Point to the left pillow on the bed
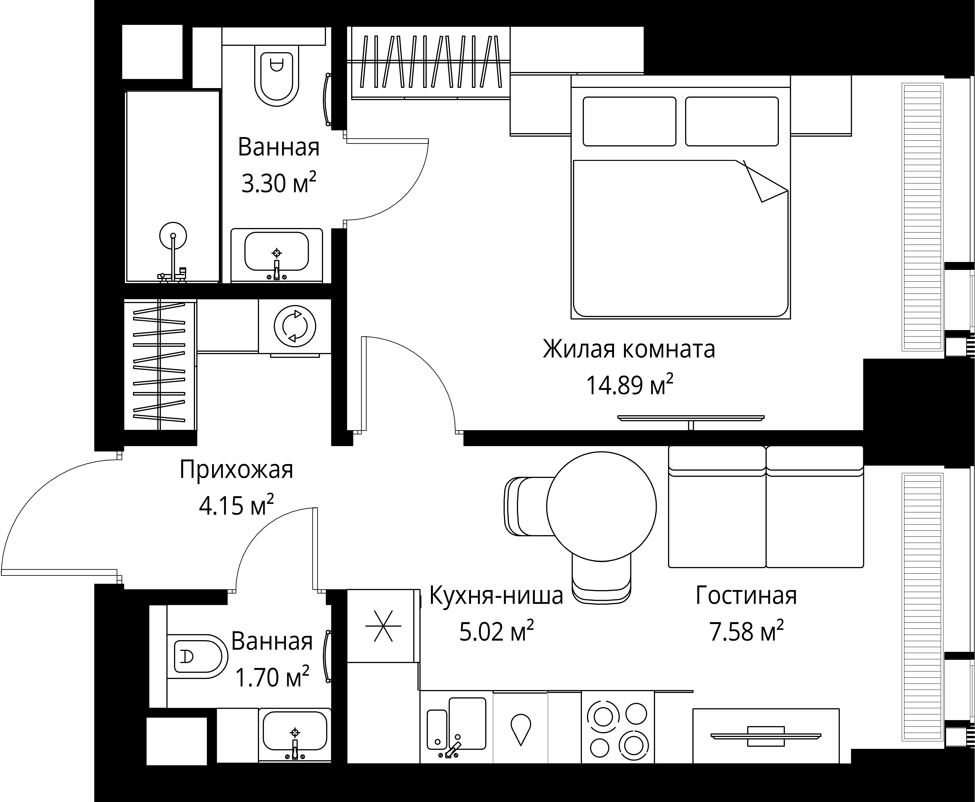[629, 121]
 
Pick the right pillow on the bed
[732, 121]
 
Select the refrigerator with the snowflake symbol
[383, 626]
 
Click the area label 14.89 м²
[629, 385]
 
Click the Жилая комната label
[629, 349]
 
